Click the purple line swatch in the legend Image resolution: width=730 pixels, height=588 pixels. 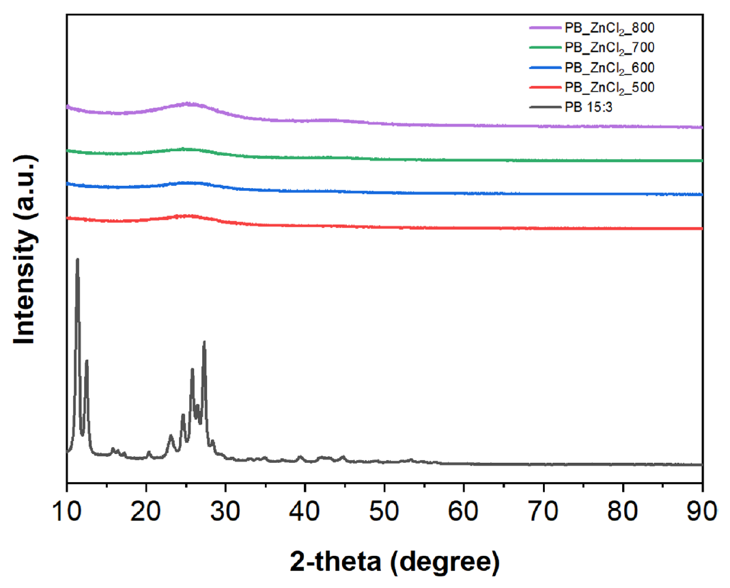(x=544, y=28)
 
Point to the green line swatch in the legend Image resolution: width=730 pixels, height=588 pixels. (x=544, y=48)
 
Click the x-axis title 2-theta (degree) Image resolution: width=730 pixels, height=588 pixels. (x=385, y=562)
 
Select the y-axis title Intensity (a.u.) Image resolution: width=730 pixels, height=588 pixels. (x=25, y=250)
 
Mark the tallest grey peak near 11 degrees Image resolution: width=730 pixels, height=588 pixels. (x=77, y=260)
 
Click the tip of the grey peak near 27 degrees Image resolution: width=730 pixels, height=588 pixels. (x=204, y=342)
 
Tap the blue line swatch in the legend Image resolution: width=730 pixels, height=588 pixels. (x=544, y=68)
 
